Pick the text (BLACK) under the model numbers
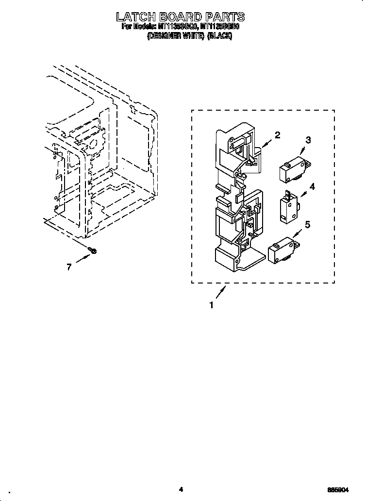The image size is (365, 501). point(219,36)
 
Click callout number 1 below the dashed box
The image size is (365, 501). point(211,305)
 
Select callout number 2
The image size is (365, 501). point(277,135)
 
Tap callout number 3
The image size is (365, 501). point(308,140)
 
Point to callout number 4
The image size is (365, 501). point(312,186)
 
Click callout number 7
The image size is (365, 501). point(69,267)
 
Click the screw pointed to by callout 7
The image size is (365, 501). point(94,250)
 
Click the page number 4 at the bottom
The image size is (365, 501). point(181,489)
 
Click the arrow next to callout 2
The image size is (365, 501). point(266,143)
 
